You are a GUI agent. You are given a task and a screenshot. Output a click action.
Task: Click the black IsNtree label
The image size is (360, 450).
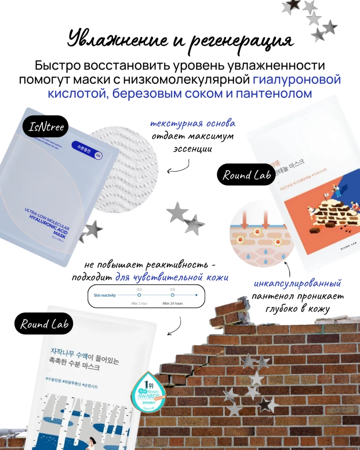(46, 127)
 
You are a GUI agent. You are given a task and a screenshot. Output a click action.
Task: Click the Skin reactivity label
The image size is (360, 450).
(105, 295)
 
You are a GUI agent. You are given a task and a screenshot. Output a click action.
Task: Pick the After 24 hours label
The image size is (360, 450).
(172, 303)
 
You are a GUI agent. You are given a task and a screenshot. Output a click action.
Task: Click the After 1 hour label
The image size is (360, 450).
(139, 303)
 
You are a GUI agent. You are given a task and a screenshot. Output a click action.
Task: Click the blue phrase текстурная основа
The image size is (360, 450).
(193, 123)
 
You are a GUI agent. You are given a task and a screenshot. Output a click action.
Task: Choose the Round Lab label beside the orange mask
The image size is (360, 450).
(246, 176)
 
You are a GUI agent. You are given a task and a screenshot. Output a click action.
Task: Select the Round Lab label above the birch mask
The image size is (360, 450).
(44, 324)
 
